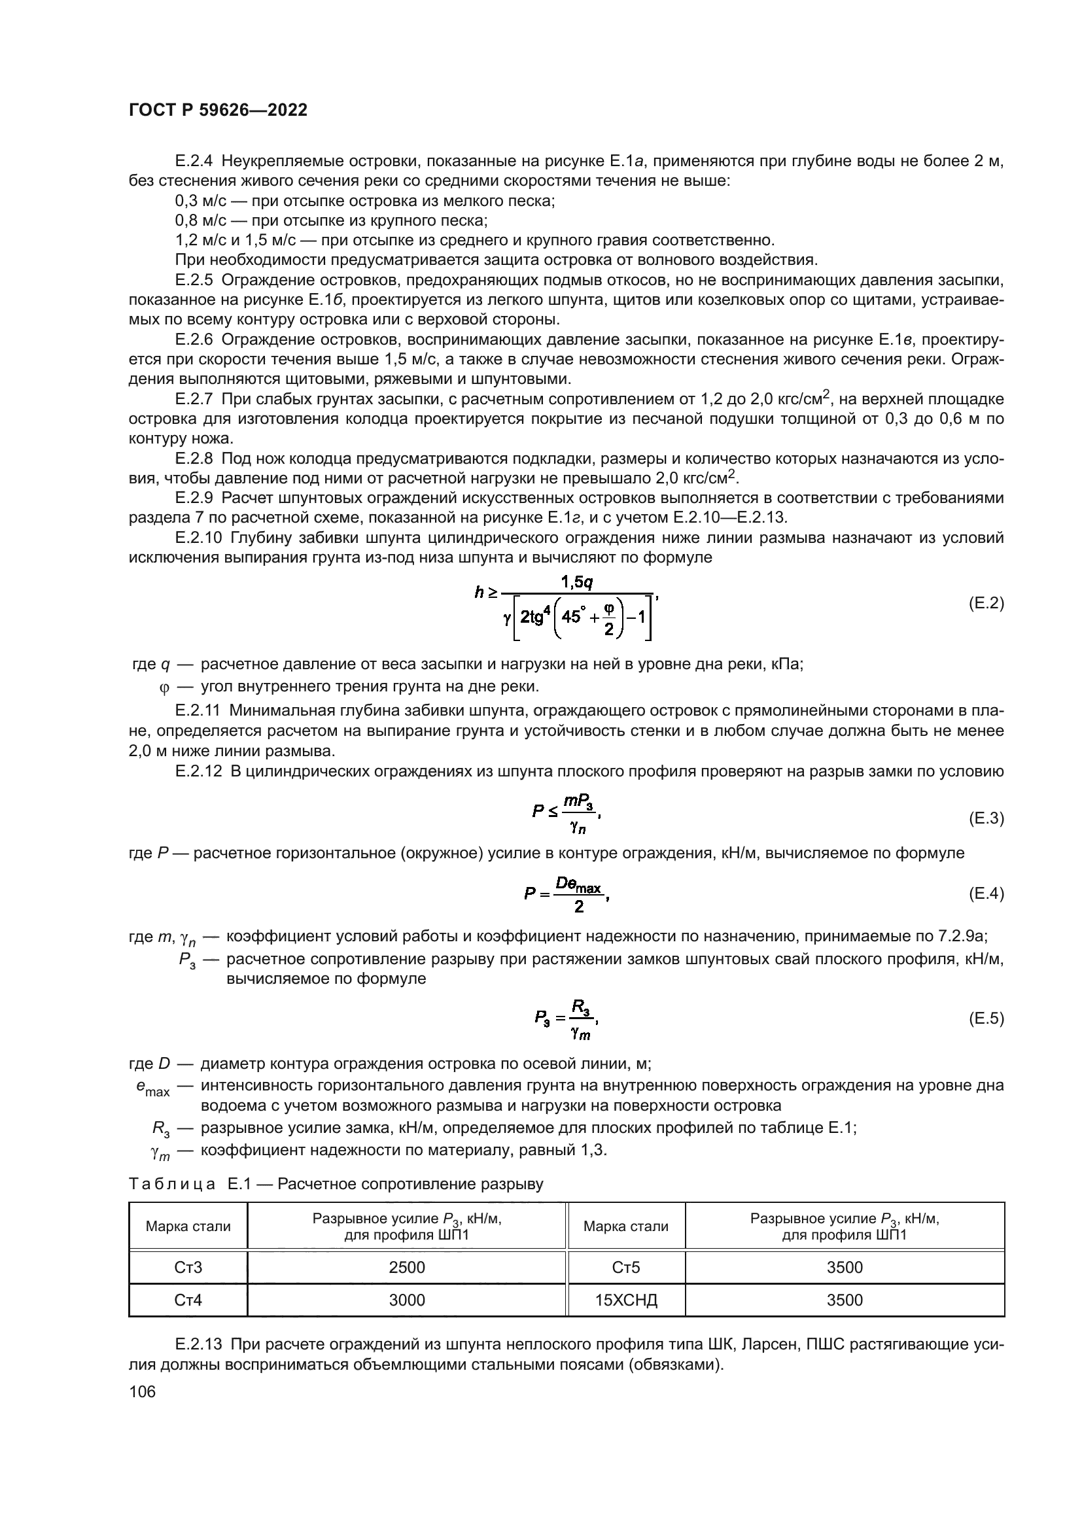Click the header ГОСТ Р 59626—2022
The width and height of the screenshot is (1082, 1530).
coord(218,111)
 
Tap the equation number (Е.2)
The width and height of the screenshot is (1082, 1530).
coord(985,604)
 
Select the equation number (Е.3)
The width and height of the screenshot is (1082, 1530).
coord(985,818)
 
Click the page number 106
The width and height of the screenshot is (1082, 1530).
coord(142,1391)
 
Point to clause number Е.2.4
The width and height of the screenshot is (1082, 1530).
coord(194,162)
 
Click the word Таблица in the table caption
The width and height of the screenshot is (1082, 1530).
coord(171,1184)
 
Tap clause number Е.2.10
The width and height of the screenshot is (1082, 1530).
coord(198,538)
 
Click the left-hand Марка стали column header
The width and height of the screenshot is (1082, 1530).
coord(188,1226)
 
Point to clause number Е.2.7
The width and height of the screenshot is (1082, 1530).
coord(194,399)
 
